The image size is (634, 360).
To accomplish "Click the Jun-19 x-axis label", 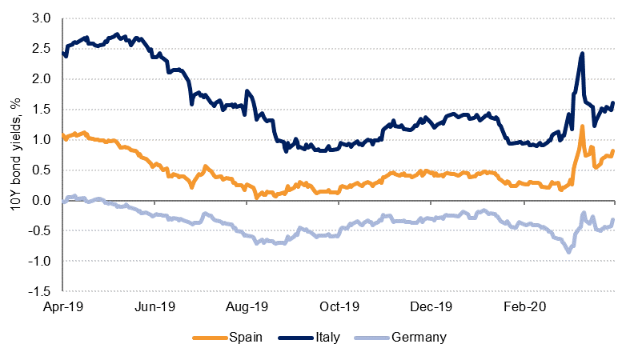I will pos(155,306).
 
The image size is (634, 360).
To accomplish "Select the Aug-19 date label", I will pos(247,306).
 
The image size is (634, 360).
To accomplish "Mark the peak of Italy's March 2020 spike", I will pos(582,54).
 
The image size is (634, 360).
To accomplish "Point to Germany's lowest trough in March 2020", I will pos(569,252).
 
